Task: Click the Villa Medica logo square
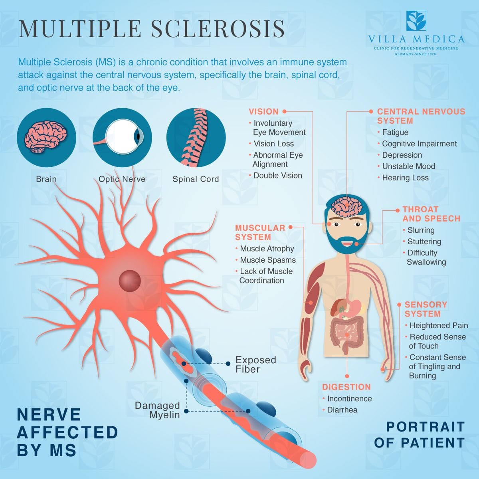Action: pos(416,21)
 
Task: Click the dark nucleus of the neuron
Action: pos(130,279)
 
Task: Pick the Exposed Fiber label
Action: pos(255,364)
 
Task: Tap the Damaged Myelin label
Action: pos(157,410)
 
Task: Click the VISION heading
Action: pos(263,112)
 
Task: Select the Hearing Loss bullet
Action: pos(405,178)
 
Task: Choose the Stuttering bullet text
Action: pos(424,241)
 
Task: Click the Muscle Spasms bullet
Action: pos(267,260)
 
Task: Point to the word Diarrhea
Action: pos(342,410)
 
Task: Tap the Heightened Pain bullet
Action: pos(438,325)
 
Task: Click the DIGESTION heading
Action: pos(346,387)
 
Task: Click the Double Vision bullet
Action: pos(277,175)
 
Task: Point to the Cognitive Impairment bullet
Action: pos(419,144)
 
